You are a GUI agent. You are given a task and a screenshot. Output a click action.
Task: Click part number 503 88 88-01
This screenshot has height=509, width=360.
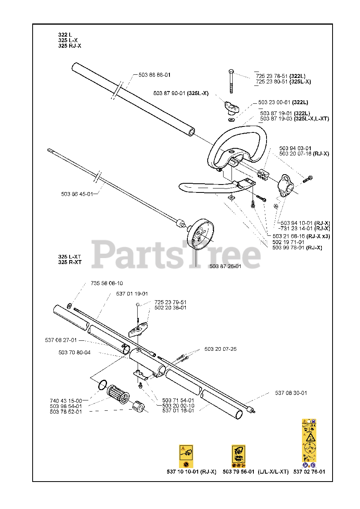154,75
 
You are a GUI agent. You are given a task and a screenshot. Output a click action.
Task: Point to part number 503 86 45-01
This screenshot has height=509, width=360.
77,194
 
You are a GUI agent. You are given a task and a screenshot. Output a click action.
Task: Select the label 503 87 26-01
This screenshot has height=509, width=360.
225,266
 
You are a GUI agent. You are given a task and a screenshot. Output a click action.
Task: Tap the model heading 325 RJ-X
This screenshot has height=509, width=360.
70,46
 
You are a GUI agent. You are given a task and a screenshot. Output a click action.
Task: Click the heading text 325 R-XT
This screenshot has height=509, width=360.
70,262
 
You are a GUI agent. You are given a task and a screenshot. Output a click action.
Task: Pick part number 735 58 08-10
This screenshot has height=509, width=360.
107,283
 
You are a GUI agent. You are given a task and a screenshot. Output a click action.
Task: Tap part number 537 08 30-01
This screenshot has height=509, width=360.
291,393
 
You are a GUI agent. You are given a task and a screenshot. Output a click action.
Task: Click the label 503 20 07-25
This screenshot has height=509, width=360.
220,349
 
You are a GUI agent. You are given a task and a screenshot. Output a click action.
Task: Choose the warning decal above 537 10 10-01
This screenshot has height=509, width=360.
186,456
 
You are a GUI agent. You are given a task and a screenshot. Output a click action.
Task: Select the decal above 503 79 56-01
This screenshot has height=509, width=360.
238,456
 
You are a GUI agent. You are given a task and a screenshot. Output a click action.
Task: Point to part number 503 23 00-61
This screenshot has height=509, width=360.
274,102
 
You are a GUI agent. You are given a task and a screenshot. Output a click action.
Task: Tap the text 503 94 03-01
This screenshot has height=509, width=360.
295,148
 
